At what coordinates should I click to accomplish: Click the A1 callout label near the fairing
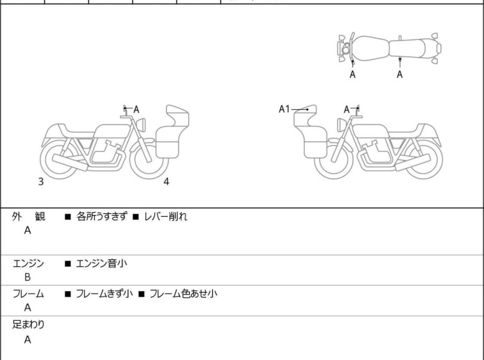pos(284,109)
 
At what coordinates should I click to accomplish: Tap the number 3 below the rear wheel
pos(41,182)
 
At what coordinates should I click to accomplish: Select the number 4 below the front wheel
pos(166,182)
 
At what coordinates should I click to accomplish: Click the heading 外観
pos(28,217)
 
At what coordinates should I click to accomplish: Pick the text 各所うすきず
pos(101,217)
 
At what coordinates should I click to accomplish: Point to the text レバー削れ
pos(165,217)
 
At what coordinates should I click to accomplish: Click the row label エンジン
pos(28,264)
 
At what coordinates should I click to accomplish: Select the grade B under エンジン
pos(28,277)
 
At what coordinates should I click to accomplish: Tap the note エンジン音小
pos(101,264)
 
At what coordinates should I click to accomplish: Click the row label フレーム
pos(28,294)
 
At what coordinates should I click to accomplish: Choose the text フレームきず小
pos(104,294)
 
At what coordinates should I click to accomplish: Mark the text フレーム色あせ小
pos(183,294)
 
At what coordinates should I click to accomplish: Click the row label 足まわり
pos(28,325)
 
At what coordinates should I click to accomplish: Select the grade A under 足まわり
pos(28,339)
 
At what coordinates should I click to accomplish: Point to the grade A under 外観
pos(28,230)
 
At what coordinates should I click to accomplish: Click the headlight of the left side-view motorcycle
pos(141,125)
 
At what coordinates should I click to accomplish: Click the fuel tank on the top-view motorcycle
pos(371,49)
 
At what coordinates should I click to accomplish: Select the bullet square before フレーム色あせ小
pos(142,294)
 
